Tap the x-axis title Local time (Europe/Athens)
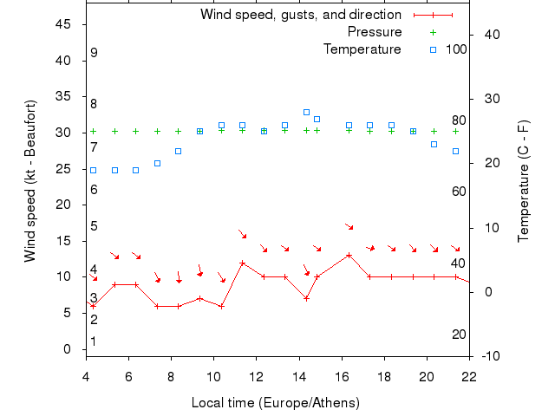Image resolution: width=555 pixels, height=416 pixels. [275, 403]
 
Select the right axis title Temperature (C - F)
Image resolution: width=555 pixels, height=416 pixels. [525, 181]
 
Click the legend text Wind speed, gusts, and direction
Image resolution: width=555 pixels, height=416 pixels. [300, 15]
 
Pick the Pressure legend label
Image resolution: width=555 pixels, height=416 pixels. [374, 32]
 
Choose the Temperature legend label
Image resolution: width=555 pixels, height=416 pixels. [362, 49]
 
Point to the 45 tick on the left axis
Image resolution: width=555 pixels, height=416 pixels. [62, 24]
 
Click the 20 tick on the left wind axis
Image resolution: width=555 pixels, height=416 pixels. [62, 205]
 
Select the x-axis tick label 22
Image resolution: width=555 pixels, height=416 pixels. [469, 377]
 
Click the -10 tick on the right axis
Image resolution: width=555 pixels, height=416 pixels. [490, 356]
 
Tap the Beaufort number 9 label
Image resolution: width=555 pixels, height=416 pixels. [94, 53]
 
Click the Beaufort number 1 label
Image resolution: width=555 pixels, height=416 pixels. [94, 341]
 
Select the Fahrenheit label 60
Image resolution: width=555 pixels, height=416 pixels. [460, 191]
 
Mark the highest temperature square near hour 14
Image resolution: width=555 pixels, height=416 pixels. [306, 112]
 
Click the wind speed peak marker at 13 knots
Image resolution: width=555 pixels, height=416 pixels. [349, 255]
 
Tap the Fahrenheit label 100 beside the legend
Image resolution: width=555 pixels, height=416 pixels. [456, 49]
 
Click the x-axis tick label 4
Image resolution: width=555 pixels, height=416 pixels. [86, 377]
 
